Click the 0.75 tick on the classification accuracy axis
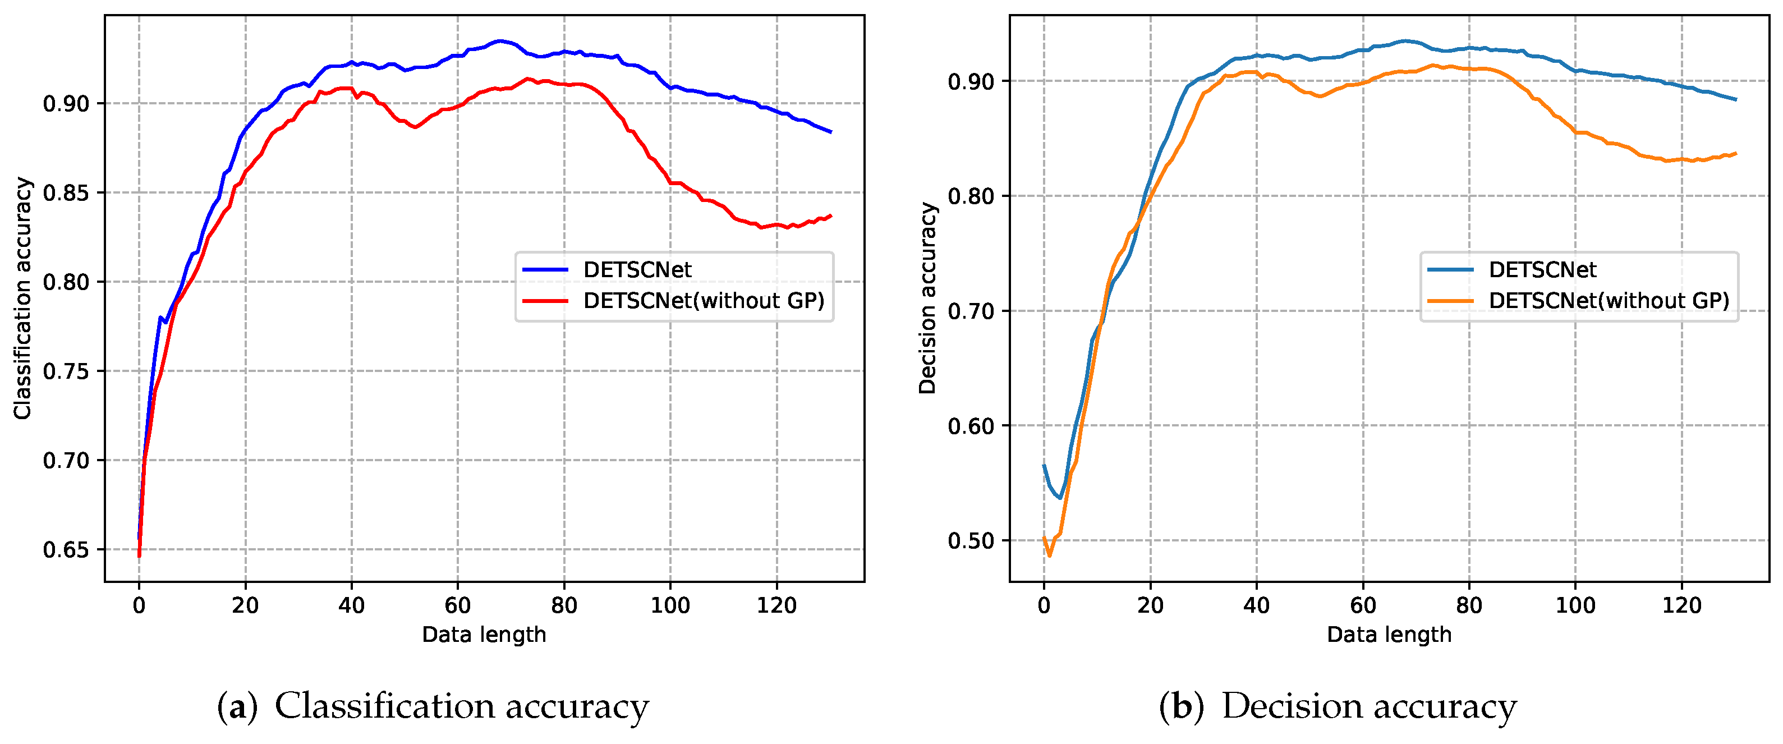coord(66,371)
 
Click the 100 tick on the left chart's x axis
coord(670,605)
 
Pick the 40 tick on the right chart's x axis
coord(1256,605)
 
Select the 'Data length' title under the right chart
coord(1389,635)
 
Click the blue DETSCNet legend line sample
coord(545,270)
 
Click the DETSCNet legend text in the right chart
coord(1542,270)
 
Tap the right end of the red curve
coord(830,216)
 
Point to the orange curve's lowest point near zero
coord(1049,555)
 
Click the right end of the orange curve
coord(1736,154)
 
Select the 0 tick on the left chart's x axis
coord(139,605)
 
